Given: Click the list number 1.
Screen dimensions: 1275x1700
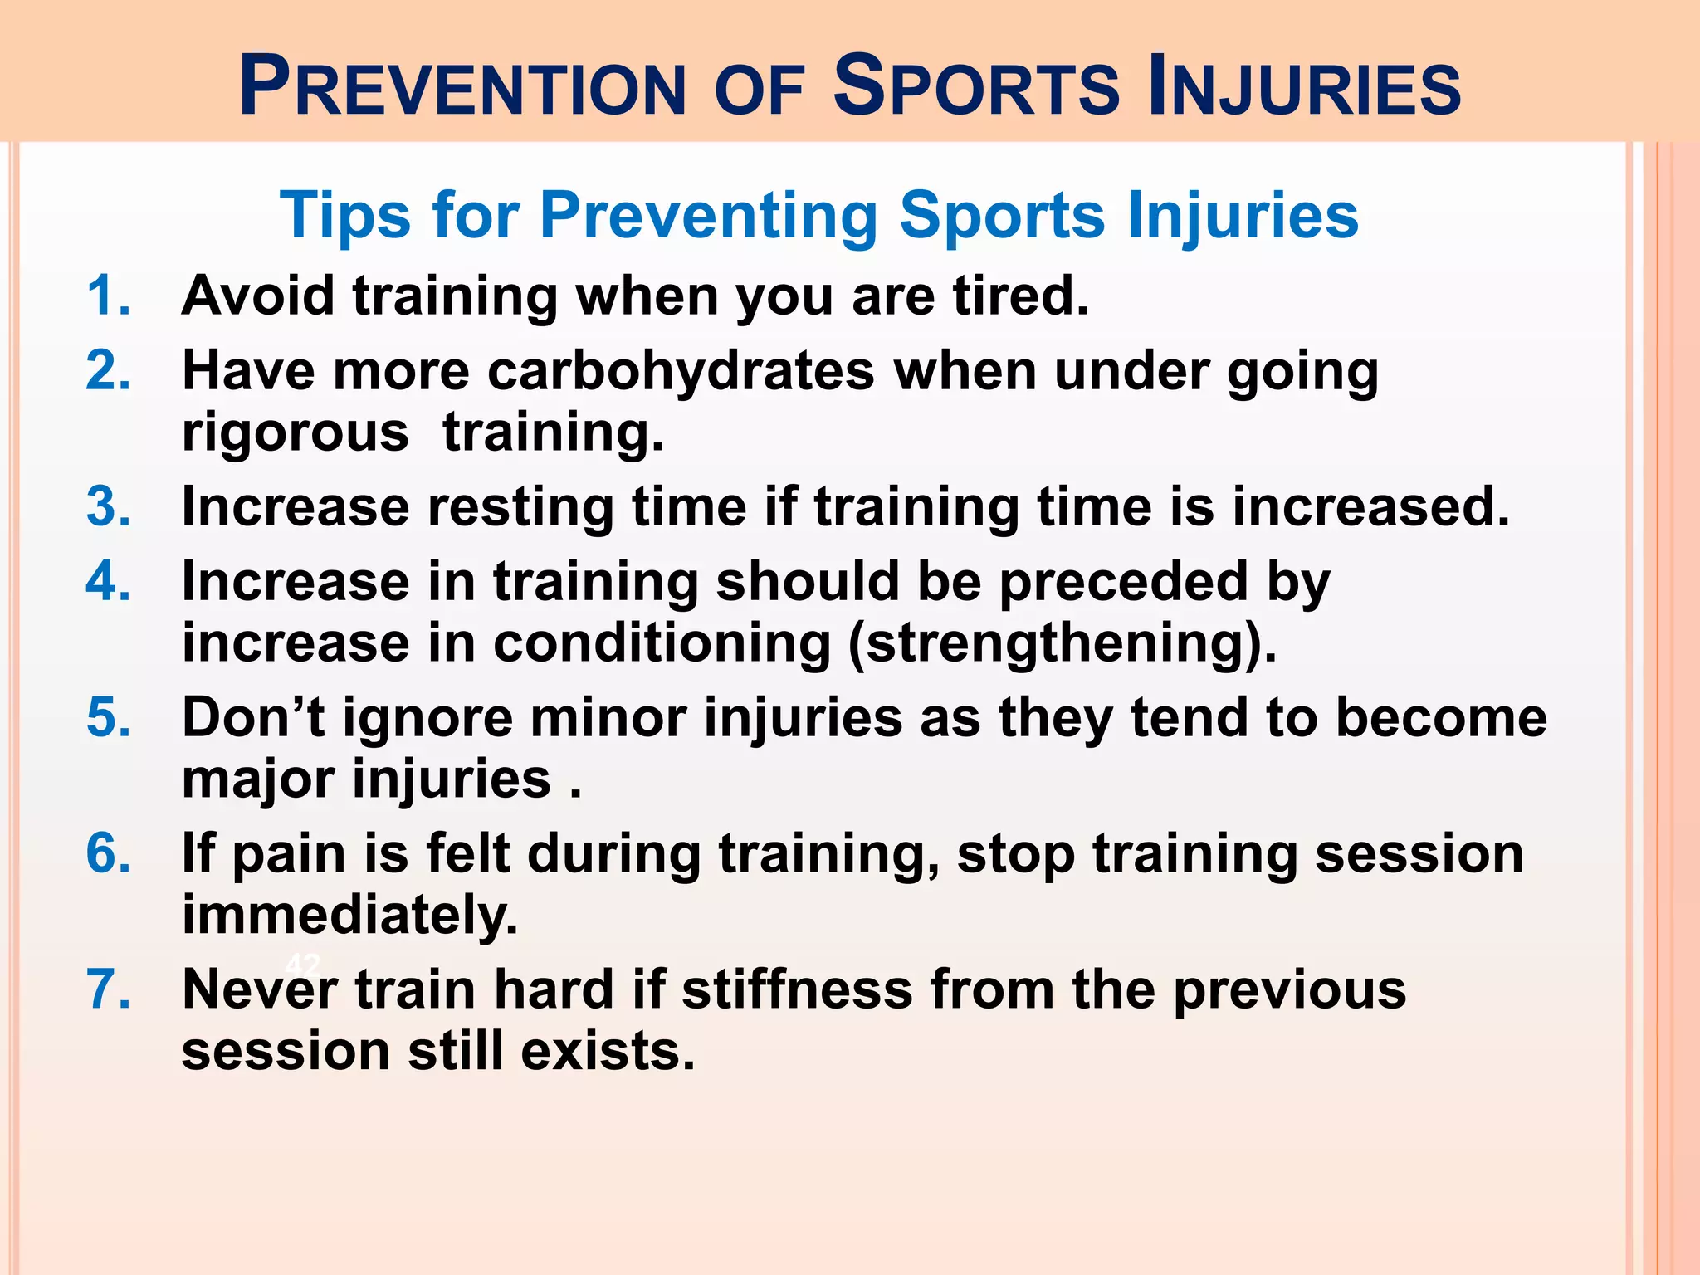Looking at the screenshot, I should tap(108, 296).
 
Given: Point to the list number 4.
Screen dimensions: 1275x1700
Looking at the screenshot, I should tap(108, 581).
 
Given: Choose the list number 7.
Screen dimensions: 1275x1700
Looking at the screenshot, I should tap(108, 989).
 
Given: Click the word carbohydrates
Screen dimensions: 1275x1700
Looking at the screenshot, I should tap(681, 370).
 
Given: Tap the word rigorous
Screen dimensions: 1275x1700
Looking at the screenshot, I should tap(295, 433).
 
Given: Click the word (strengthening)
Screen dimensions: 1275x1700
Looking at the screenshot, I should tap(1062, 644).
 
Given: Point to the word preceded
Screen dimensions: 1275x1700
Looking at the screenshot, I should tap(1123, 581).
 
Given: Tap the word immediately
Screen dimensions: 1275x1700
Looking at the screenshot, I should tap(349, 916).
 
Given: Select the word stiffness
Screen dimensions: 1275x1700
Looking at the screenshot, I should tap(797, 989).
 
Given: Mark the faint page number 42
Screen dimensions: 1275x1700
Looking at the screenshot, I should tap(302, 965).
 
